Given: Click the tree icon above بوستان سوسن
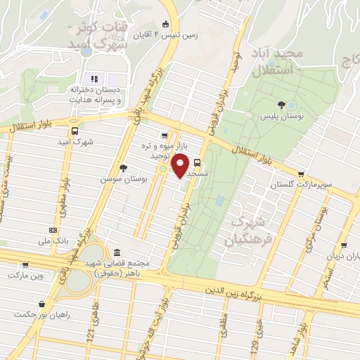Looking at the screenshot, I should tap(124, 168).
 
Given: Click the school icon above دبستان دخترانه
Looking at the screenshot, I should tap(93, 78).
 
